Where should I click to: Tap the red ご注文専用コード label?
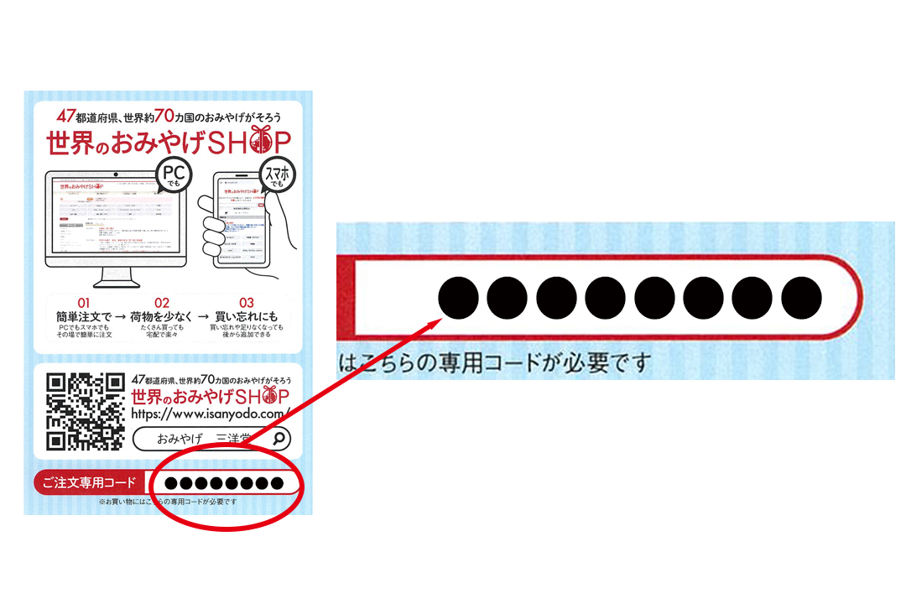(x=89, y=482)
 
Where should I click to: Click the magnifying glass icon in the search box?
(x=280, y=437)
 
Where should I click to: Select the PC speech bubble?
(x=174, y=177)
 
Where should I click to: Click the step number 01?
(x=83, y=303)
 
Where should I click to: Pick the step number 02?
(x=162, y=303)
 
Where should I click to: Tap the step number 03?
(x=246, y=303)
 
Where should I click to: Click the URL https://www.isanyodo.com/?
(x=211, y=414)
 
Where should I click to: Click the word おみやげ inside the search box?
(x=174, y=438)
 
